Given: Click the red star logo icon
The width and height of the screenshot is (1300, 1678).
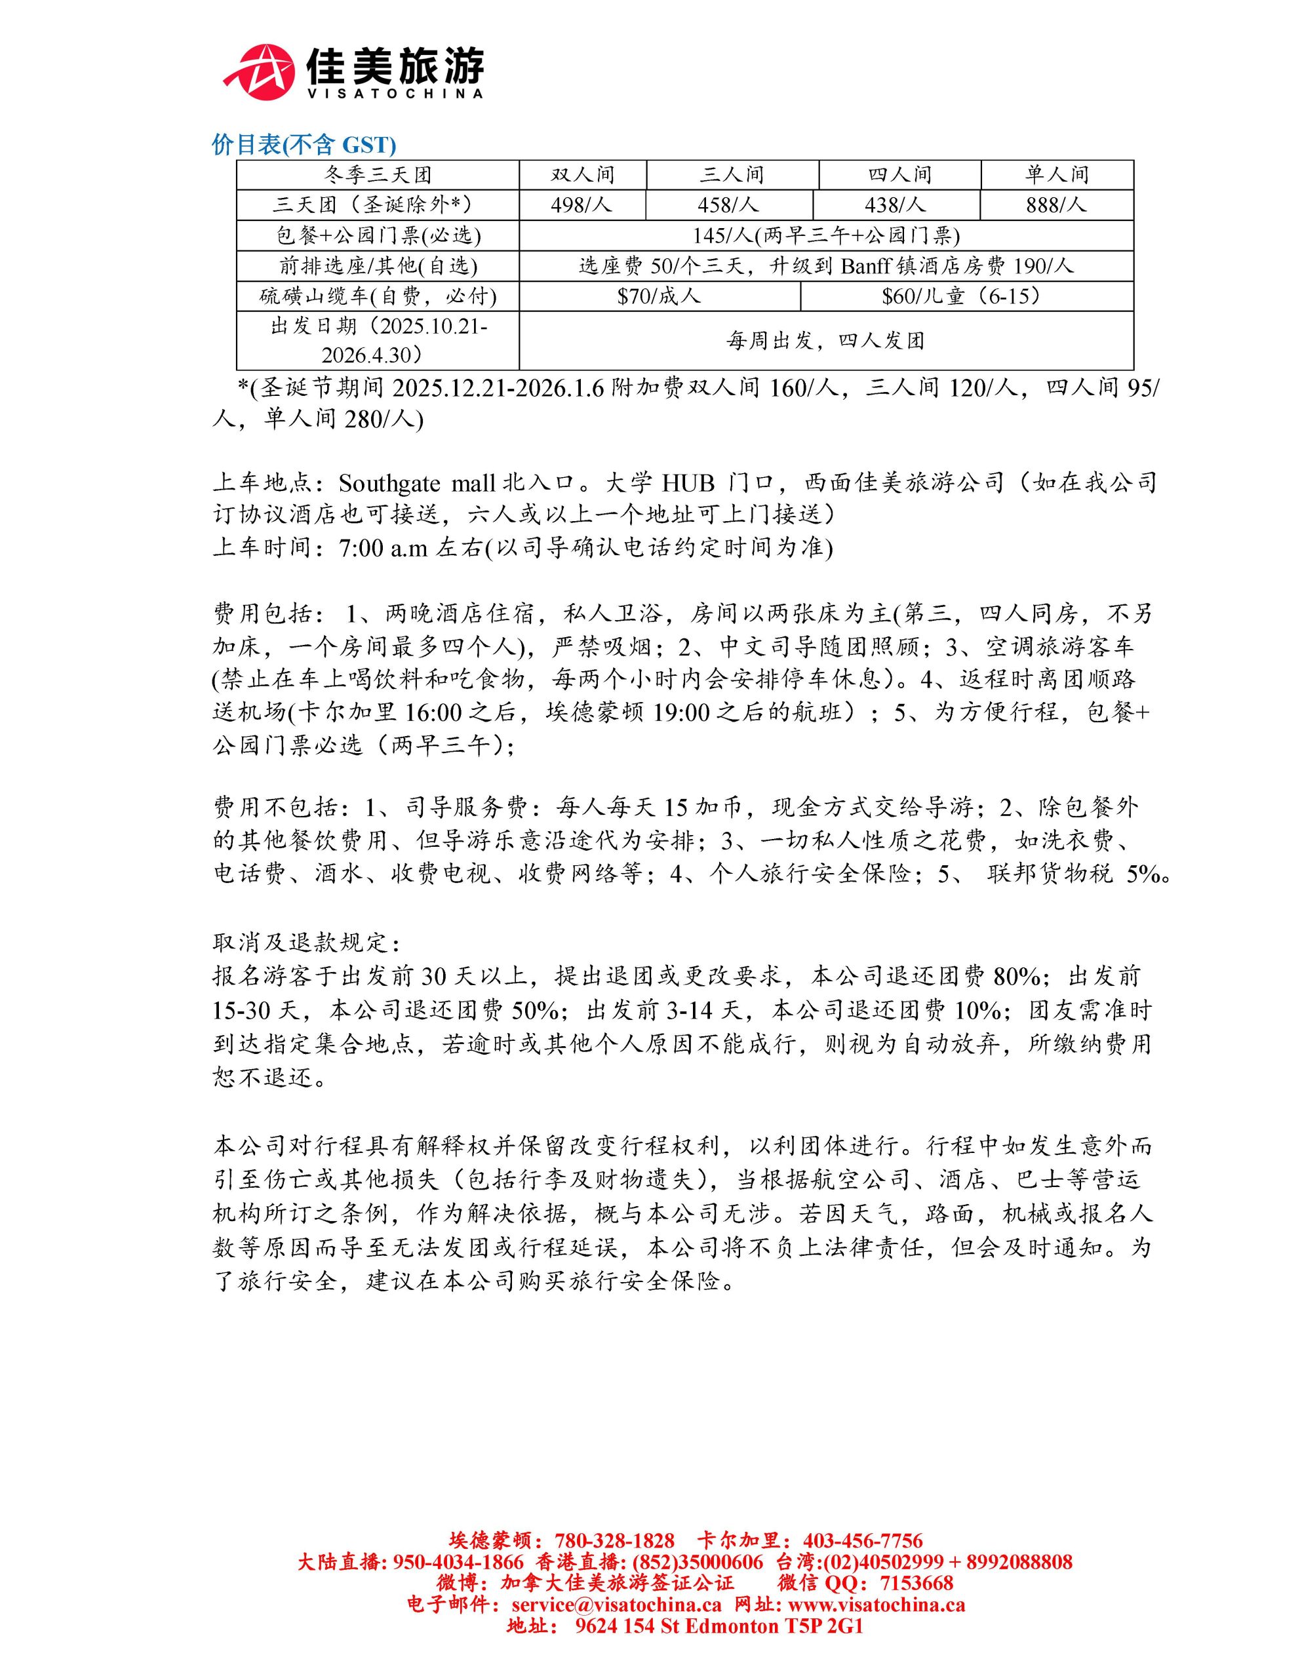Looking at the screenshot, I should [260, 71].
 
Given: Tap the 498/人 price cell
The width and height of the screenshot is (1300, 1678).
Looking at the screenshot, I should [581, 205].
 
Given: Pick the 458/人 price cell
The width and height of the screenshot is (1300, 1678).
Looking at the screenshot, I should [728, 205].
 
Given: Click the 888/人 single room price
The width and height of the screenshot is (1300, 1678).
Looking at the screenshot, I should [1056, 205].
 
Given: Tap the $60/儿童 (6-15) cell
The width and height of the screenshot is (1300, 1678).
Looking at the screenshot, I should [966, 296].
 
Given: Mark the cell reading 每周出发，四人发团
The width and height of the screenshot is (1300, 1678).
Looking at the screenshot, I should [825, 340].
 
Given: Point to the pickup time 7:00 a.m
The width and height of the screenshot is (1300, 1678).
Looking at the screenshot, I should [384, 548].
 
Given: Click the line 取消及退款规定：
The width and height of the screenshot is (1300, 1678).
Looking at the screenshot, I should [305, 943].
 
